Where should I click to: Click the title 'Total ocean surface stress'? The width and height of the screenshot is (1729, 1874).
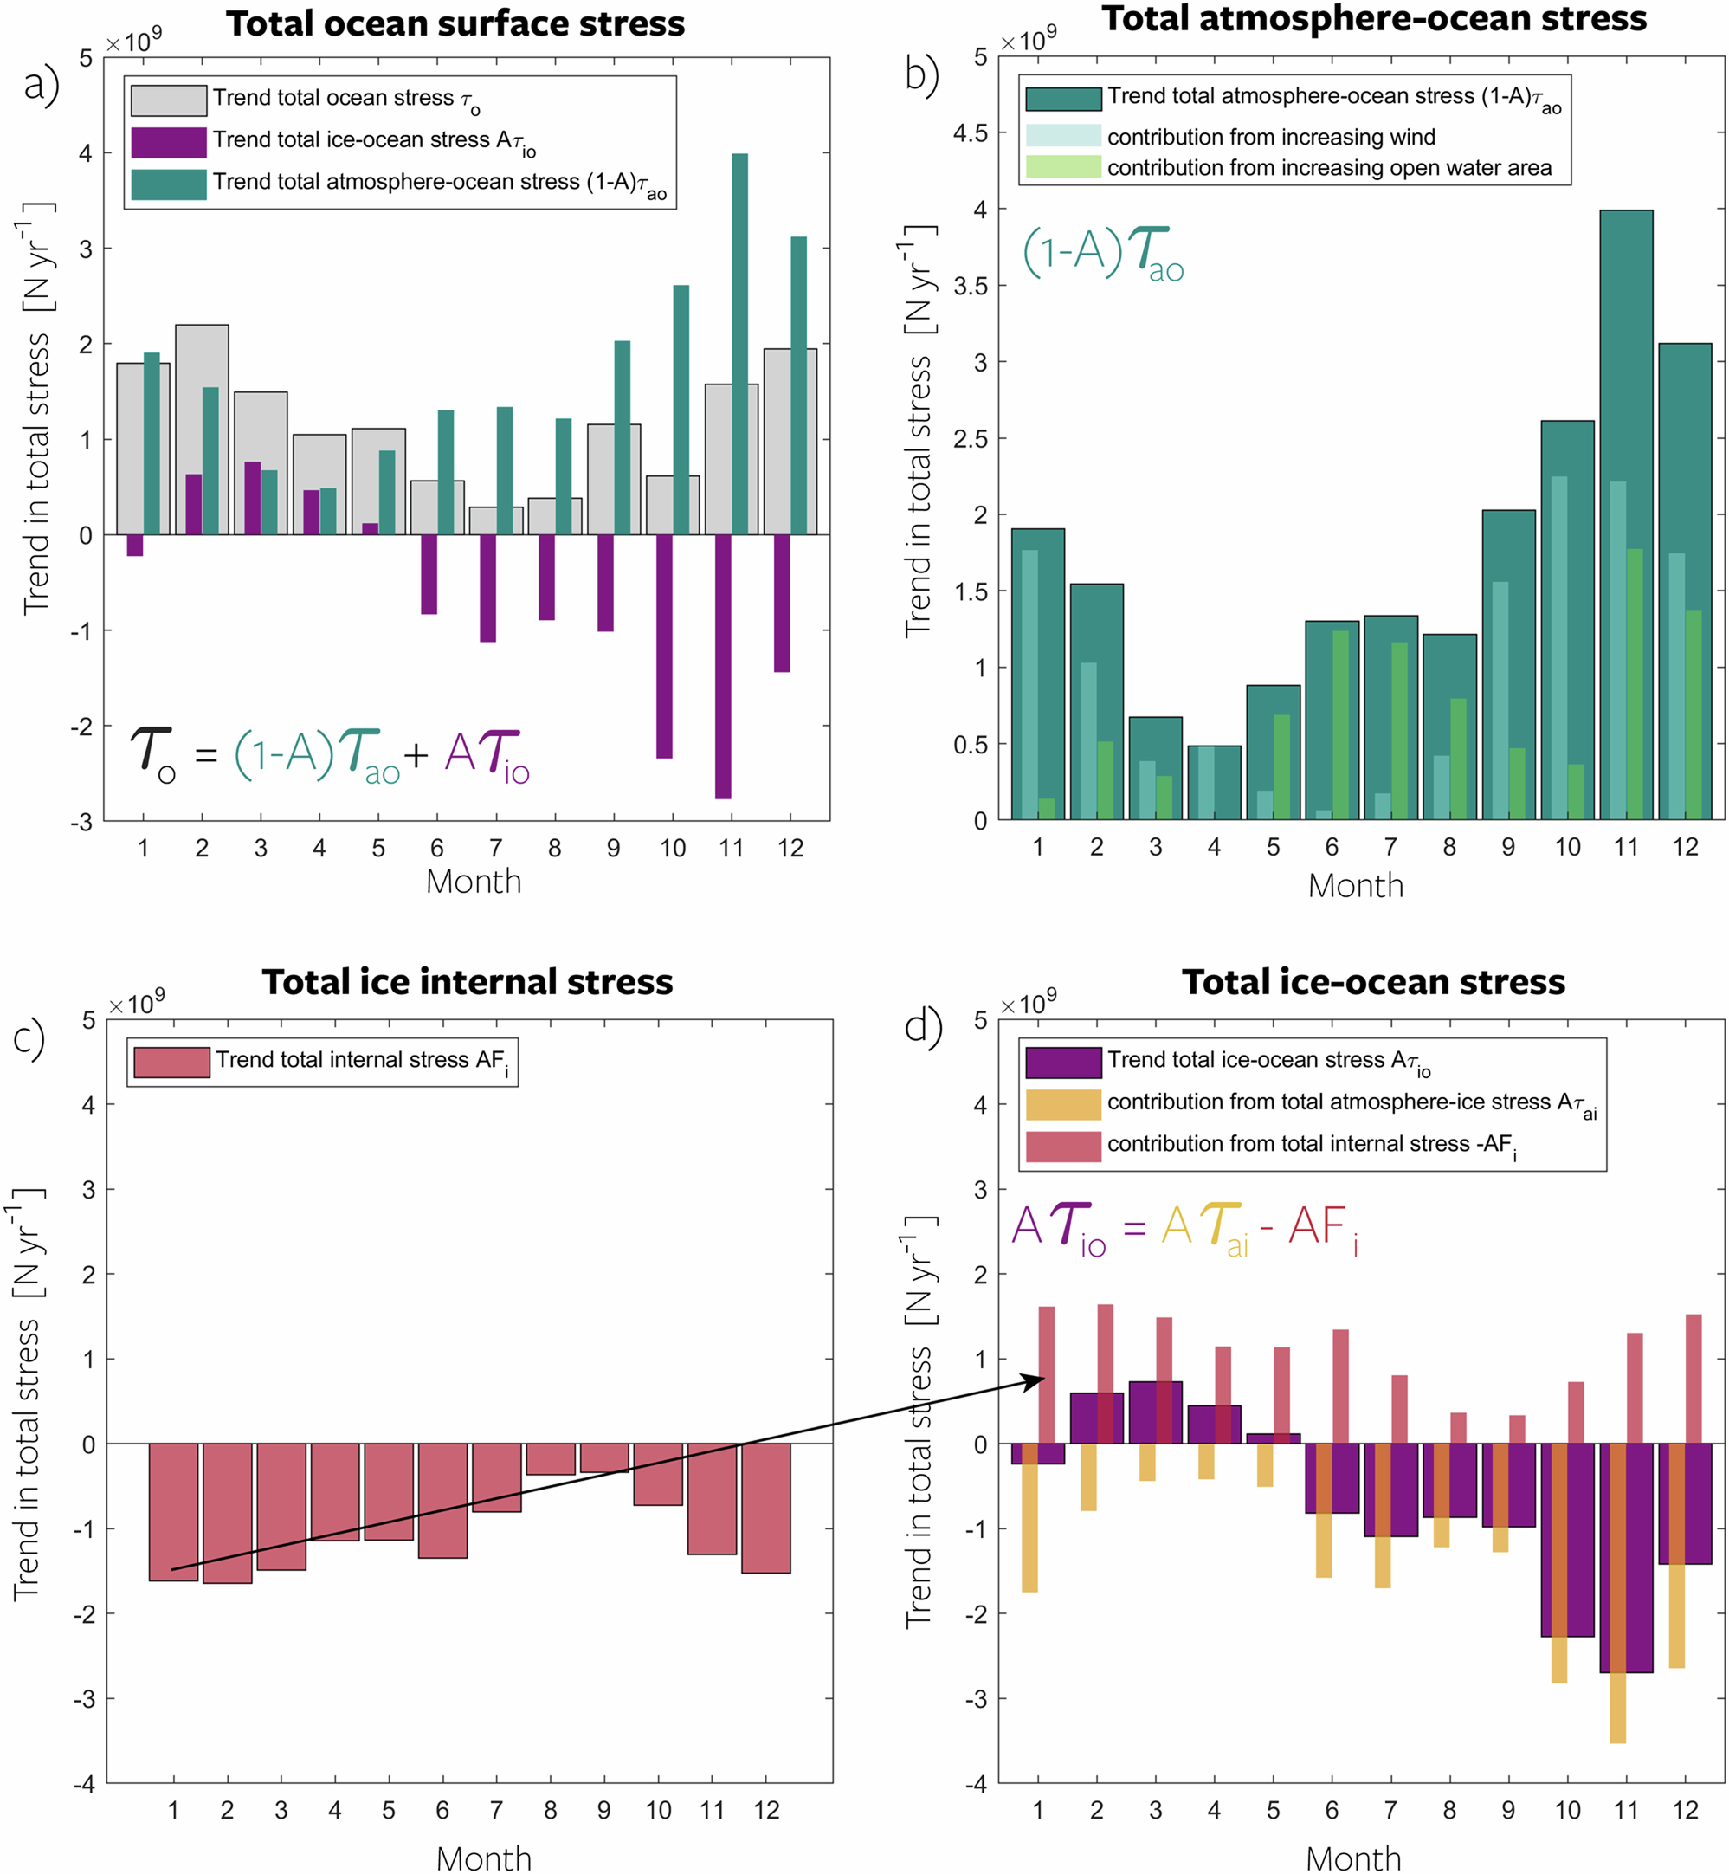(455, 23)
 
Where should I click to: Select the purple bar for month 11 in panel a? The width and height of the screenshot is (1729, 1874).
(722, 666)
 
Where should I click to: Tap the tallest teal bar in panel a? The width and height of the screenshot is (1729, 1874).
(739, 343)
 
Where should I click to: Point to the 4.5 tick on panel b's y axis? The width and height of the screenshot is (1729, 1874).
(971, 132)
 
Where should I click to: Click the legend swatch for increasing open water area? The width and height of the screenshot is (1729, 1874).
(1063, 167)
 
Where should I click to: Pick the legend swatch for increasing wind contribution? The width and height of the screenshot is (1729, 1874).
(1063, 137)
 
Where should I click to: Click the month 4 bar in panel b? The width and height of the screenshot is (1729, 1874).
(1214, 782)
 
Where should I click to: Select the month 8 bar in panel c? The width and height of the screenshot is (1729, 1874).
(550, 1458)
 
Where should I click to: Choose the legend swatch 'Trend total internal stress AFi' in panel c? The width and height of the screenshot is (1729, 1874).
(171, 1062)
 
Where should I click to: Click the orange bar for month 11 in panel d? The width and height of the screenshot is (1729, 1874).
(1617, 1712)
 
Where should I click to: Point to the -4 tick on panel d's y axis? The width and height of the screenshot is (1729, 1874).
(978, 1784)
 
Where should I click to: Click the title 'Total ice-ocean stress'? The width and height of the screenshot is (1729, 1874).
(1372, 982)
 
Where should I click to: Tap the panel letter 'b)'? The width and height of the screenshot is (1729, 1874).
(921, 74)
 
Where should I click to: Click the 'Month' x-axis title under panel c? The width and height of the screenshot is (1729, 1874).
(484, 1858)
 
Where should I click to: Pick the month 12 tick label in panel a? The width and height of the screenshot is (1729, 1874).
(790, 849)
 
